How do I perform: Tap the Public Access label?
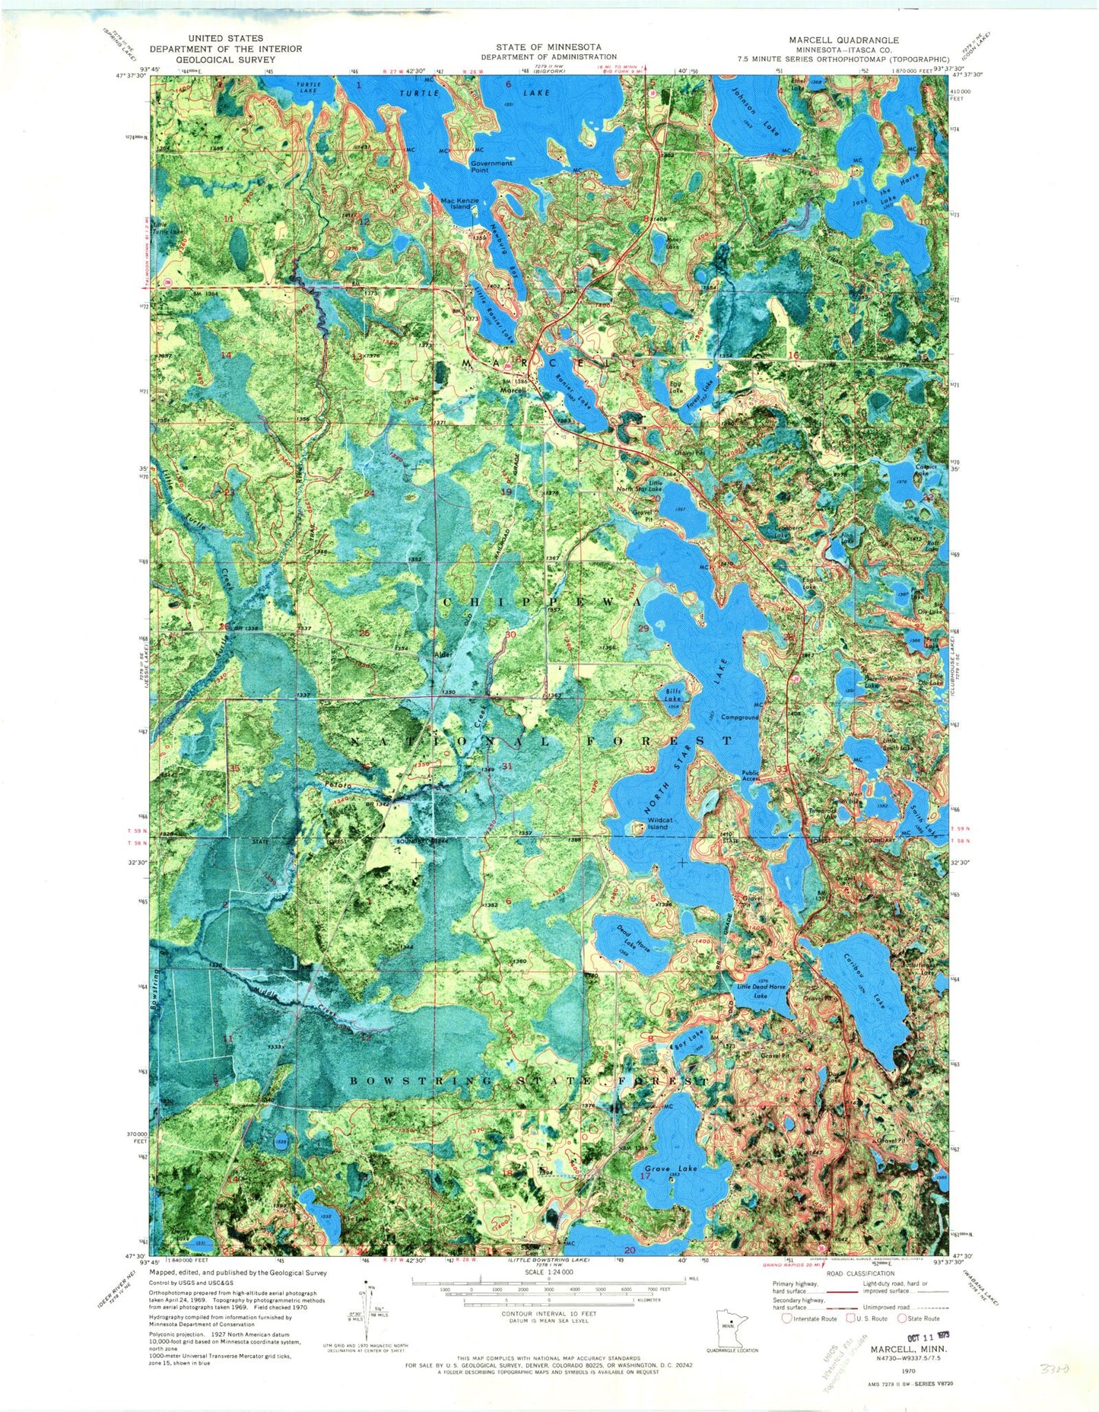tap(751, 775)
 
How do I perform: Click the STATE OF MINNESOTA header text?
tap(548, 47)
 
